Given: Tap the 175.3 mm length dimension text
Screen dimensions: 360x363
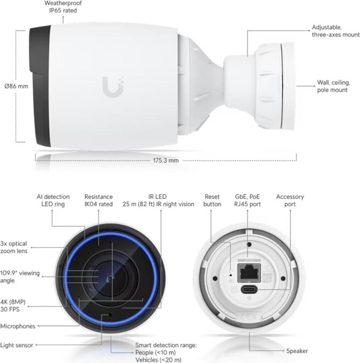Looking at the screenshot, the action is (165, 161).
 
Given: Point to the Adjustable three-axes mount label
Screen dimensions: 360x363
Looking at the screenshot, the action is (335, 31).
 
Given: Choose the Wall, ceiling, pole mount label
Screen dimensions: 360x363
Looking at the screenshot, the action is (333, 86).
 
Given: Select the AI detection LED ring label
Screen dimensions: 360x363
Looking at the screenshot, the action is (53, 200).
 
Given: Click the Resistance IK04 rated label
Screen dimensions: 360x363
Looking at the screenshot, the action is (99, 200).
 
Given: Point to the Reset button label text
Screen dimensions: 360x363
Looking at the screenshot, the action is (212, 200).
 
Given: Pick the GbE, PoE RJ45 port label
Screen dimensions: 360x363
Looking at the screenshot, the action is (248, 200).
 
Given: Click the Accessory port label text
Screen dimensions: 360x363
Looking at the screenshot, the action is (290, 200).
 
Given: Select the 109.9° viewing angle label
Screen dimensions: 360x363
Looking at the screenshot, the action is (19, 277).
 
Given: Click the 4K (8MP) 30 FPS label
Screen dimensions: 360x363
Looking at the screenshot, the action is (13, 306).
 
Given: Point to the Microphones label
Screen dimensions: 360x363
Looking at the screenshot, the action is (18, 326).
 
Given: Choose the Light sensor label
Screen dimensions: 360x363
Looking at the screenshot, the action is (17, 345).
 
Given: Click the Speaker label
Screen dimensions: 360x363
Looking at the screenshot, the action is (297, 351).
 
